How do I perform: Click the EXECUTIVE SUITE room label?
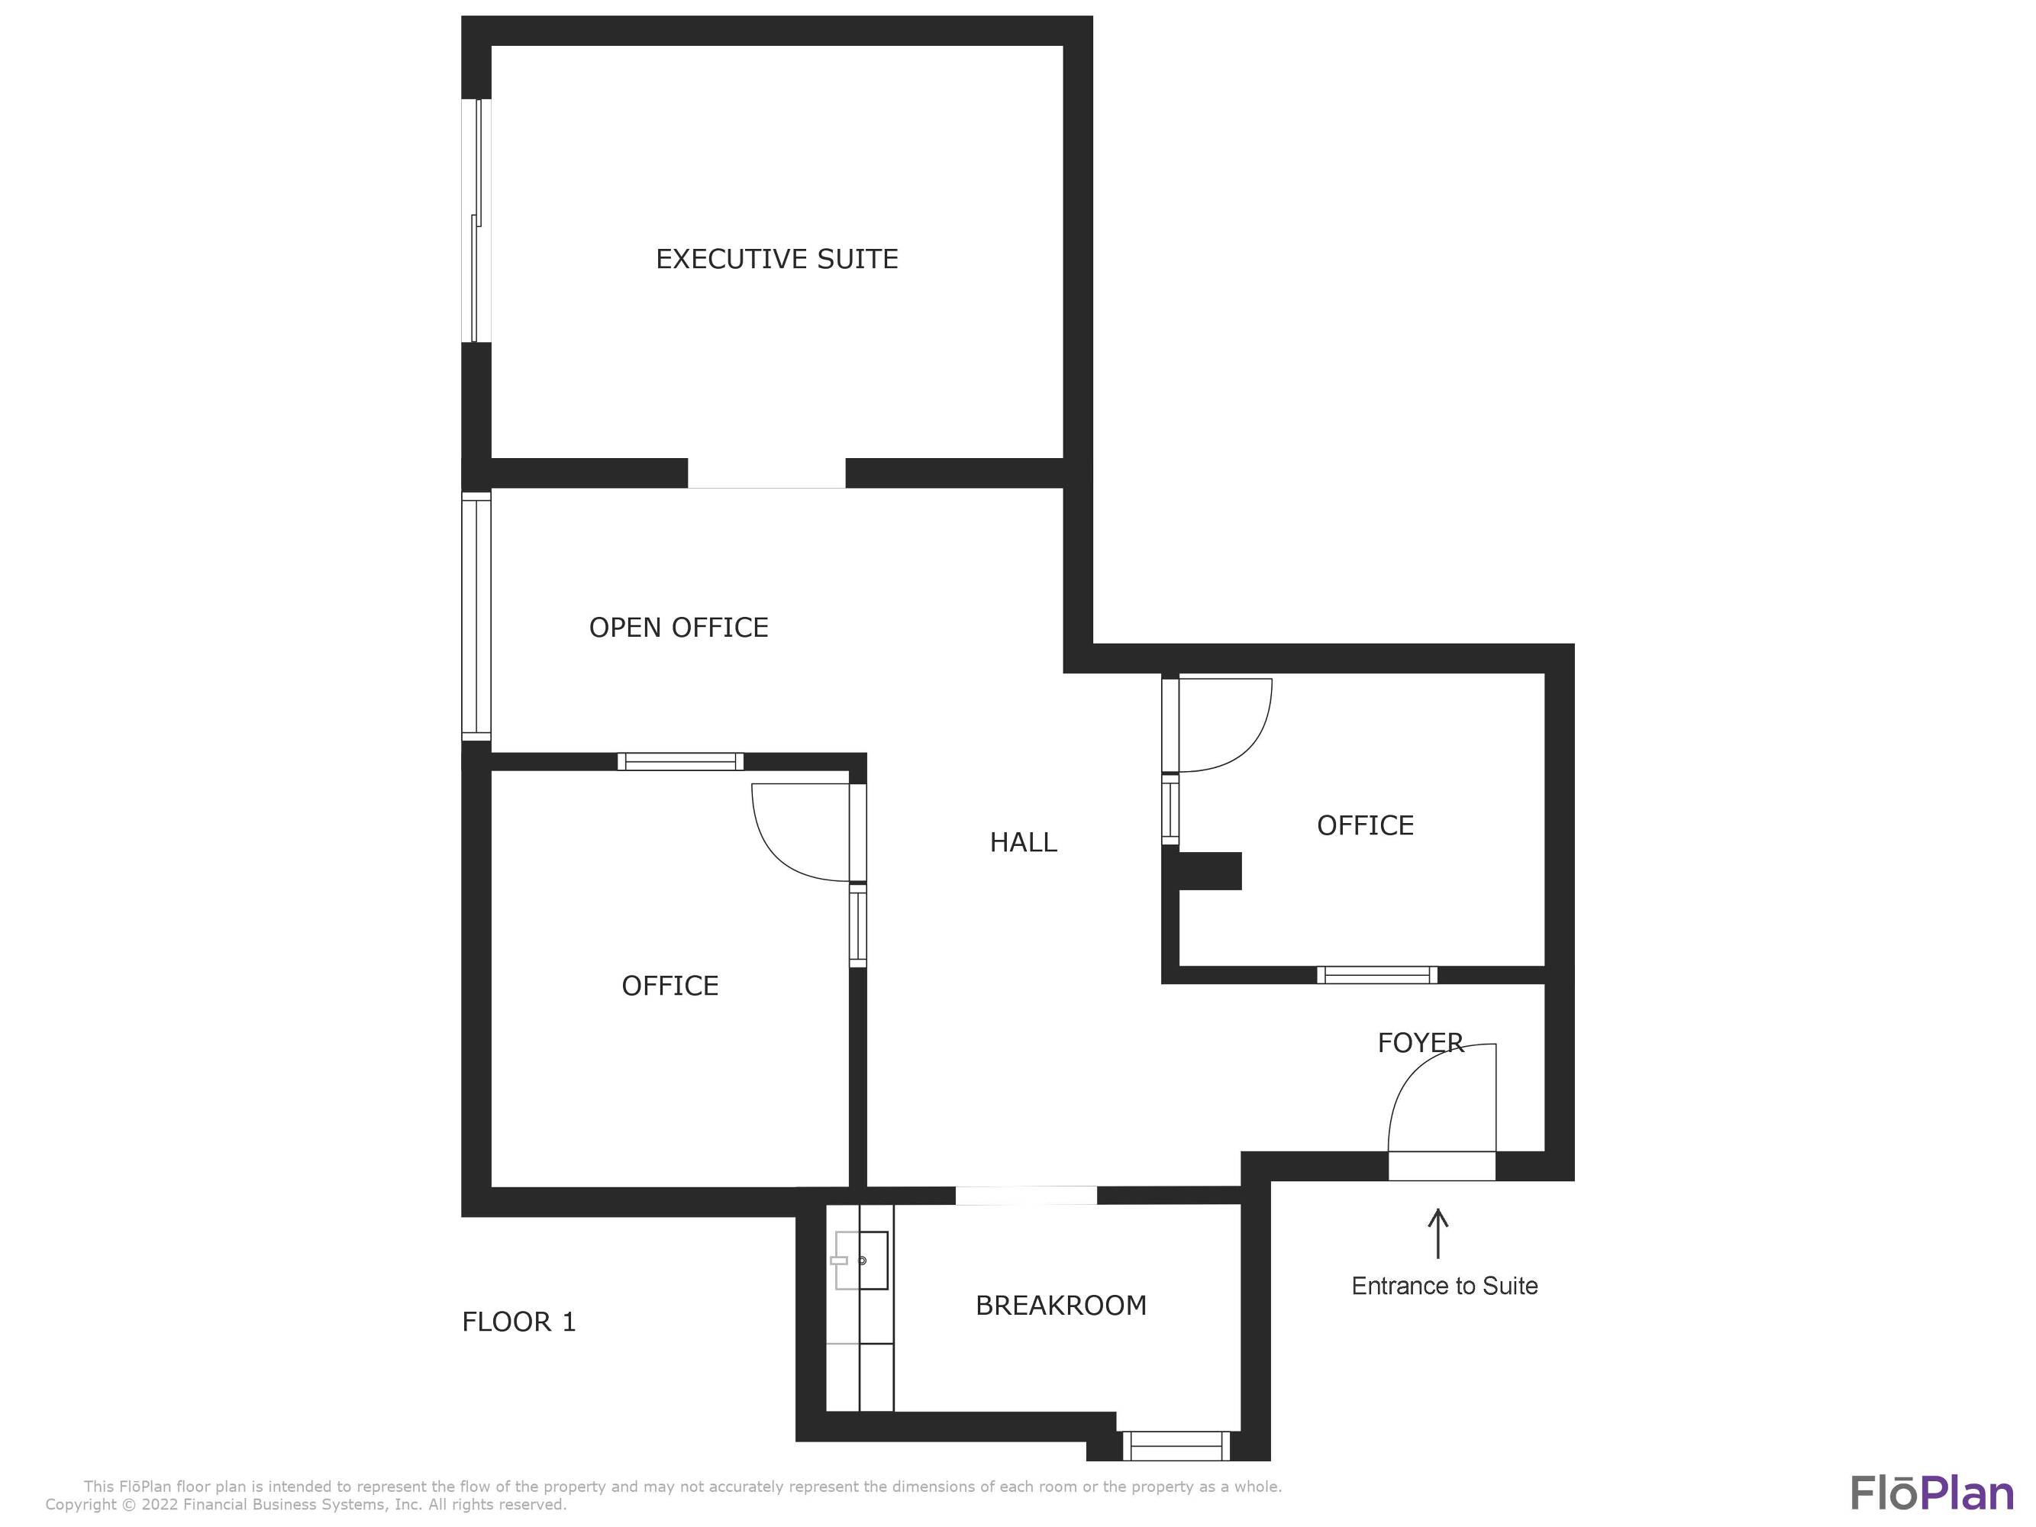(x=777, y=260)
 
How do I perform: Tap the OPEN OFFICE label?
(x=679, y=628)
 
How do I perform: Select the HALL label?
(x=1023, y=842)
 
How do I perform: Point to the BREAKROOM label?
(x=1060, y=1305)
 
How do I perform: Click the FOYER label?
(x=1420, y=1043)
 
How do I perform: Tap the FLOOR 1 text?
(x=518, y=1322)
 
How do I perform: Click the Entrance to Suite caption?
(x=1444, y=1286)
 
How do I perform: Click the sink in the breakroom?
(x=860, y=1260)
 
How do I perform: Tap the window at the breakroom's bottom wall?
(x=1176, y=1445)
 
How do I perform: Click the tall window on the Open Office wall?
(x=476, y=616)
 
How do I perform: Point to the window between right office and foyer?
(x=1377, y=975)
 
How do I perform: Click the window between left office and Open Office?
(x=680, y=761)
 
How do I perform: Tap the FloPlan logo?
(x=1932, y=1493)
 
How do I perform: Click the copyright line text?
(x=305, y=1505)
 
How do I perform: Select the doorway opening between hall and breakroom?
(x=1026, y=1196)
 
